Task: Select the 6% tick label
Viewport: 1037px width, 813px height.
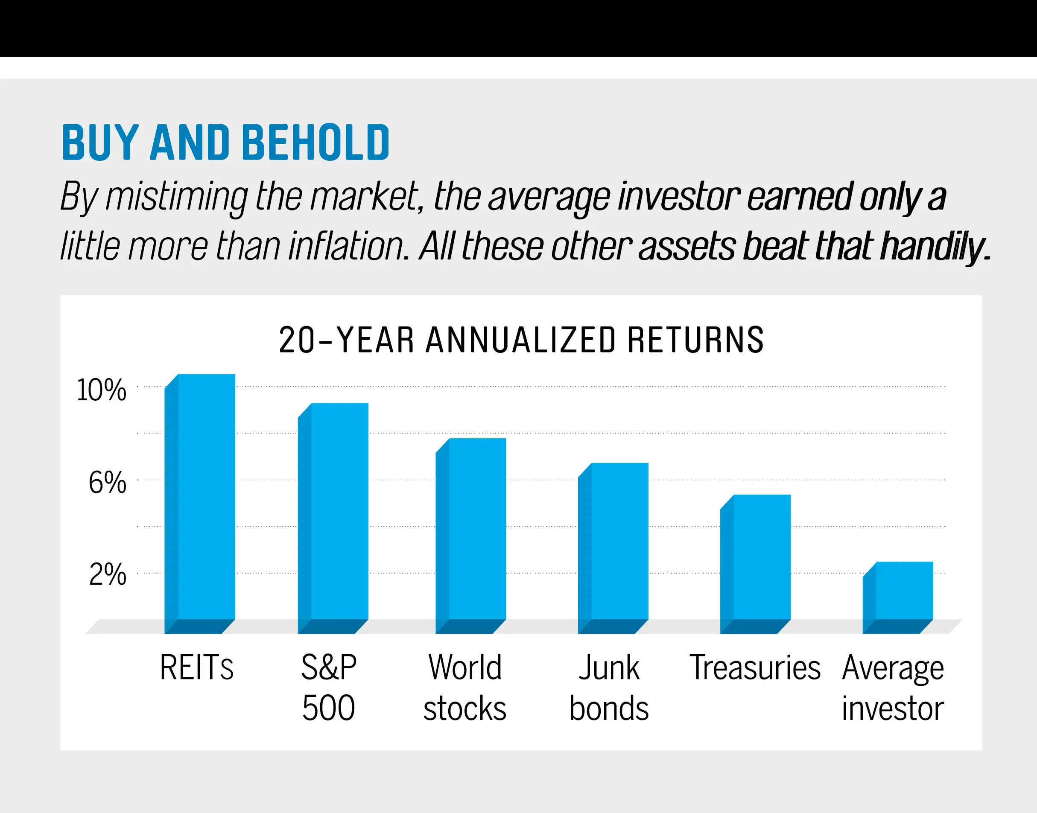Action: point(108,482)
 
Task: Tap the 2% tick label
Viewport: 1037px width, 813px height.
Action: point(108,574)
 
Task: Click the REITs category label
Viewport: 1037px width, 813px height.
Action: point(197,667)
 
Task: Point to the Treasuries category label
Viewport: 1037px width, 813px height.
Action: point(755,667)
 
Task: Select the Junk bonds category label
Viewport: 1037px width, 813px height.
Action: point(609,688)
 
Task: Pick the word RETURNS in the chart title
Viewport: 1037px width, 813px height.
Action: point(695,340)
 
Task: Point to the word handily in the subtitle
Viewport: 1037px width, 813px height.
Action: point(935,246)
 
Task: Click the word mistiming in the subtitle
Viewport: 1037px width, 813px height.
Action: point(176,196)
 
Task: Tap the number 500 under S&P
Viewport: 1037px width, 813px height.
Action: point(329,708)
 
